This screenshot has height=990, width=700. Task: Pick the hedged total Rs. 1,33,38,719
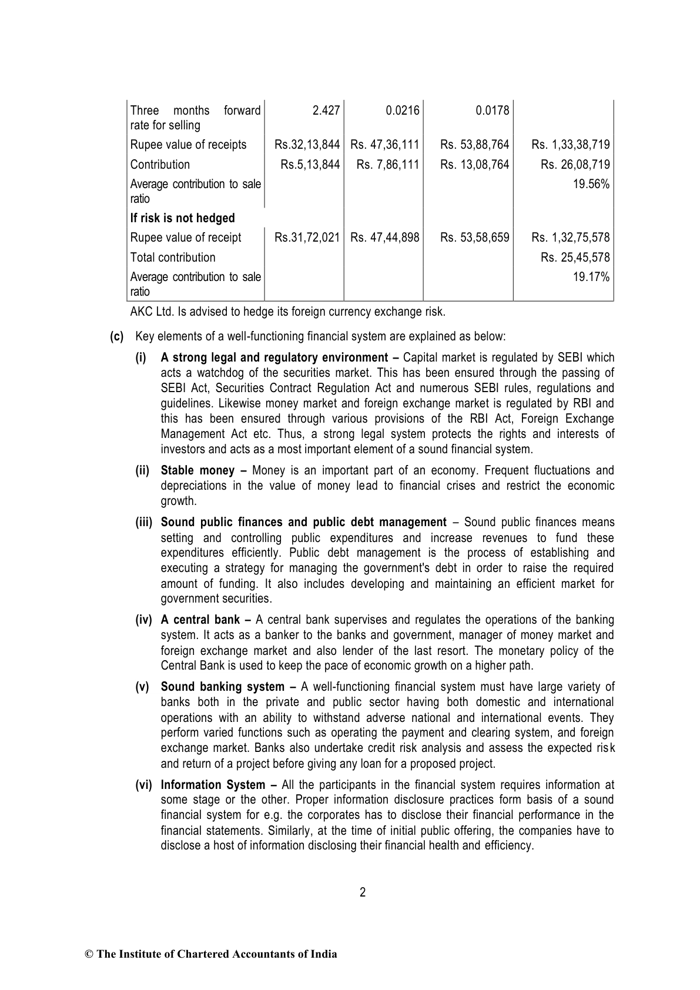click(570, 145)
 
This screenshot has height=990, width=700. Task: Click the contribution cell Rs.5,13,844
click(310, 165)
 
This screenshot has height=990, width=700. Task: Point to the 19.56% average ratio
click(591, 184)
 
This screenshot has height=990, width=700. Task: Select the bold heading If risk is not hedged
click(182, 218)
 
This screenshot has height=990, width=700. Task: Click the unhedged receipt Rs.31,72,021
click(307, 238)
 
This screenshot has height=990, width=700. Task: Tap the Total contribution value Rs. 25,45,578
click(575, 257)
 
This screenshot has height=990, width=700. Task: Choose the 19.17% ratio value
click(591, 277)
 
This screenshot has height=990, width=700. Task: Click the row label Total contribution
click(173, 257)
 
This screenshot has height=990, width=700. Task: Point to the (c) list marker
click(117, 337)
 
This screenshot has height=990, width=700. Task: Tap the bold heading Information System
click(213, 785)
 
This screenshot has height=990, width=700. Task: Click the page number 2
click(363, 892)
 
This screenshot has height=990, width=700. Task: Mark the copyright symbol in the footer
click(89, 954)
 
